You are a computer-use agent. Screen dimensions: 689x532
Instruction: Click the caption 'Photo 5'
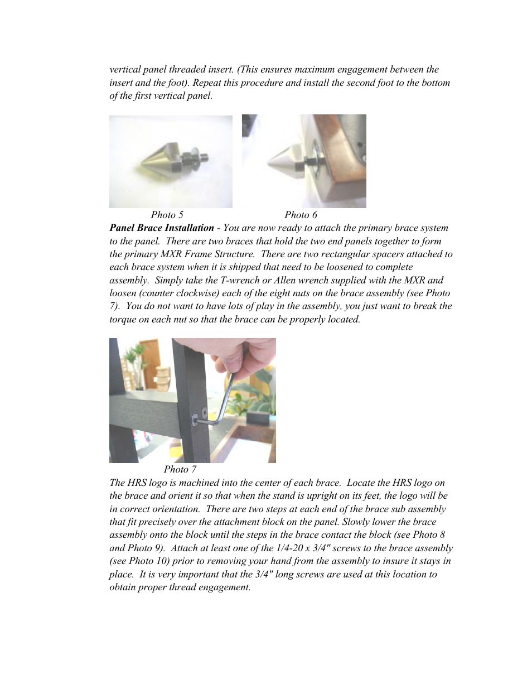tap(167, 215)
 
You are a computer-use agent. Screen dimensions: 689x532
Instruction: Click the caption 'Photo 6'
tap(301, 215)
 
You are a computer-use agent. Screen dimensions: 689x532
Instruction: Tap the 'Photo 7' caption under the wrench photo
tap(180, 469)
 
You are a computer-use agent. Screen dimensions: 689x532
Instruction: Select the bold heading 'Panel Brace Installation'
tap(161, 228)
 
